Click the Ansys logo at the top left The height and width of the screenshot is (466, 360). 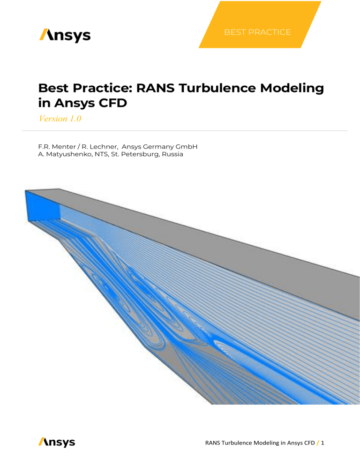tap(65, 35)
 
